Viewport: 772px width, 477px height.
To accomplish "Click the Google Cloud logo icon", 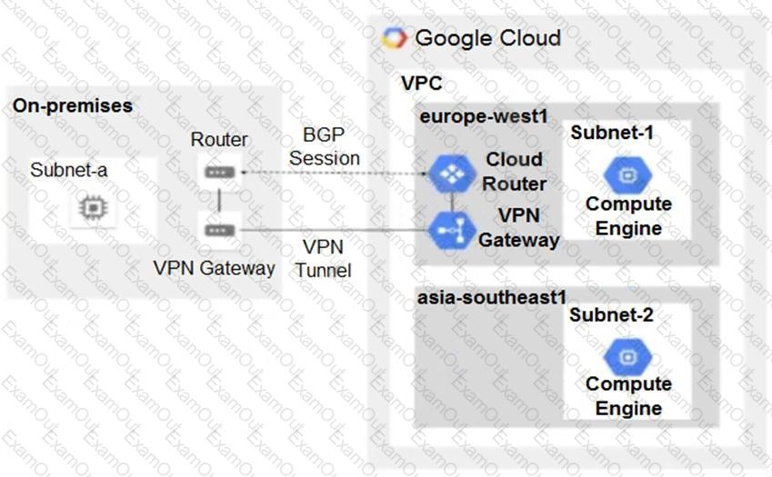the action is point(395,38).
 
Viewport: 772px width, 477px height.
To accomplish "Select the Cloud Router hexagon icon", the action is point(452,174).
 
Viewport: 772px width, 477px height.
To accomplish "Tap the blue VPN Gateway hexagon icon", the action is point(452,230).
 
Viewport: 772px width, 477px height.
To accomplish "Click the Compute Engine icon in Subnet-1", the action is point(627,175).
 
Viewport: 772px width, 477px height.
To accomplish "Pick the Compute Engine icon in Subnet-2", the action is point(627,356).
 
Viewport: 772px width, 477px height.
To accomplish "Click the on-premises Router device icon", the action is point(219,172).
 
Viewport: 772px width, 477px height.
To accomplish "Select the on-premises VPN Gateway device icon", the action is point(219,230).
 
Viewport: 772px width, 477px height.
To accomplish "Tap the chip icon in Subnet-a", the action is point(93,207).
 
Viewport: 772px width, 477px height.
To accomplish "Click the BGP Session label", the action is point(324,146).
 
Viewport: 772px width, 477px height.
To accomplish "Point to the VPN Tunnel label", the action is point(323,258).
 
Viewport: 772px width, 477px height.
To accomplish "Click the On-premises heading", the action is point(73,105).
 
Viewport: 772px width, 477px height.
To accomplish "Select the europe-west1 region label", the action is point(484,116).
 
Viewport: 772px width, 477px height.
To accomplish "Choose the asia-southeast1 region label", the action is point(492,297).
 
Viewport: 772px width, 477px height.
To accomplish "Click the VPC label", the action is point(421,83).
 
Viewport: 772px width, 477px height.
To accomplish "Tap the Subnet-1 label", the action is point(612,133).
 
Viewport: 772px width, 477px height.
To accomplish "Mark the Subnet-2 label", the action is point(611,314).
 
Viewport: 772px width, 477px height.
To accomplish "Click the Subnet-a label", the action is point(68,170).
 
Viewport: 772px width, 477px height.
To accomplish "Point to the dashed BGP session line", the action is point(335,173).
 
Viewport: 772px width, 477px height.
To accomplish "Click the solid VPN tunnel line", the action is point(335,230).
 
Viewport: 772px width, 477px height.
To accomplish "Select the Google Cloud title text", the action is point(488,38).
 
